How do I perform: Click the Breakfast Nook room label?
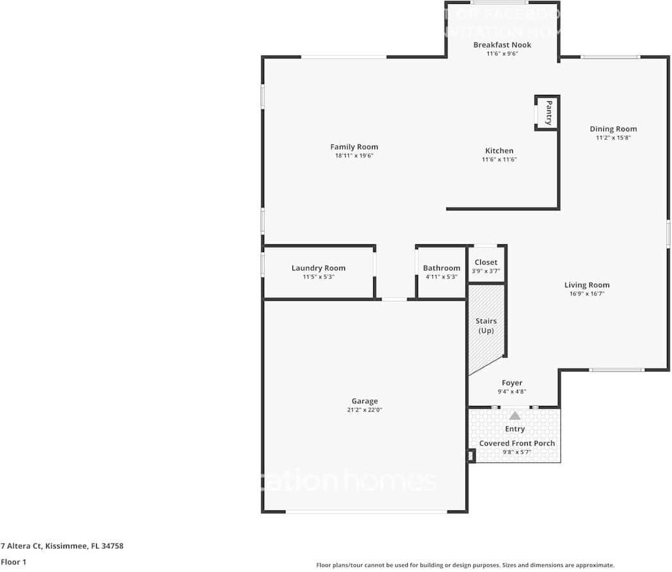[x=502, y=45]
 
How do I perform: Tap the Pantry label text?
[x=549, y=113]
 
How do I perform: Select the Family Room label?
[x=354, y=147]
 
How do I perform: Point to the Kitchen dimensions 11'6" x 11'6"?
[x=499, y=160]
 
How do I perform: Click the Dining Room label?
[x=613, y=129]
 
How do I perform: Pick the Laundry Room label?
[x=318, y=268]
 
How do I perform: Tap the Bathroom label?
[x=441, y=268]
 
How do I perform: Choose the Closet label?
[x=486, y=262]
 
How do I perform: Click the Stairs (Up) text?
[x=486, y=326]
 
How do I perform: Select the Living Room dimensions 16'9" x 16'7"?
[x=587, y=293]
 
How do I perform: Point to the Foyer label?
[x=512, y=383]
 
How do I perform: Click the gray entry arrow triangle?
[x=515, y=416]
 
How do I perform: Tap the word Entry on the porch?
[x=515, y=429]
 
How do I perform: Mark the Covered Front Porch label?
[x=517, y=443]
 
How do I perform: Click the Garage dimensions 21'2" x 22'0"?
[x=364, y=410]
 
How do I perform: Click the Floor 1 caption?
[x=14, y=562]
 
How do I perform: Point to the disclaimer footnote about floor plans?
[x=465, y=565]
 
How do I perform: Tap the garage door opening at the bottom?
[x=366, y=512]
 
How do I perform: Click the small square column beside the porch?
[x=471, y=456]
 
